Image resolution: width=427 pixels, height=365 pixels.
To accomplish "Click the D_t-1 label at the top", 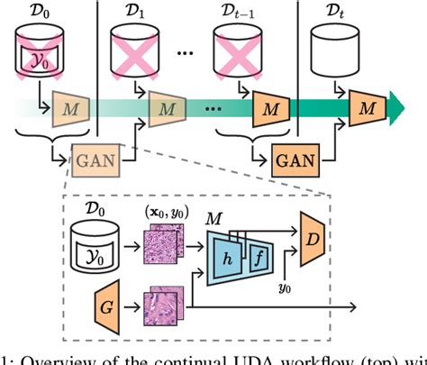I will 241,13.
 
